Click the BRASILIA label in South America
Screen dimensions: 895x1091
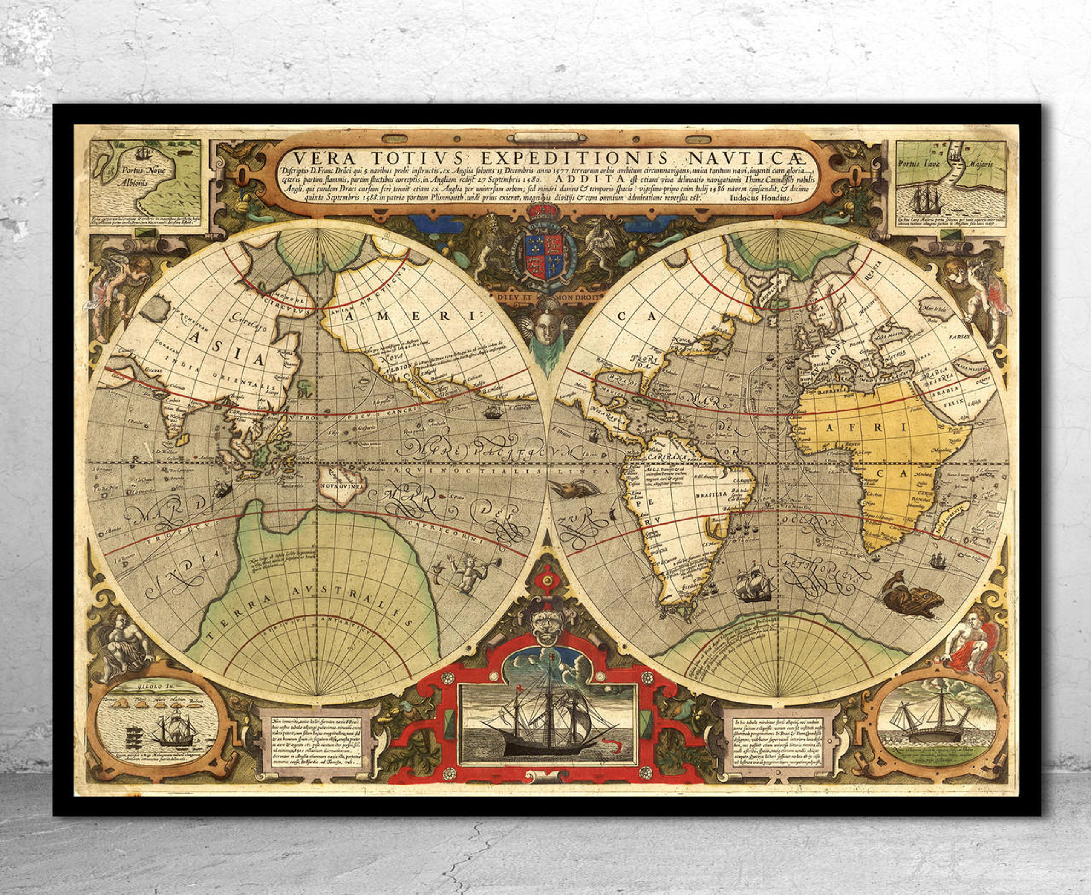(712, 494)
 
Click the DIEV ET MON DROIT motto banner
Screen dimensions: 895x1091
(546, 297)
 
